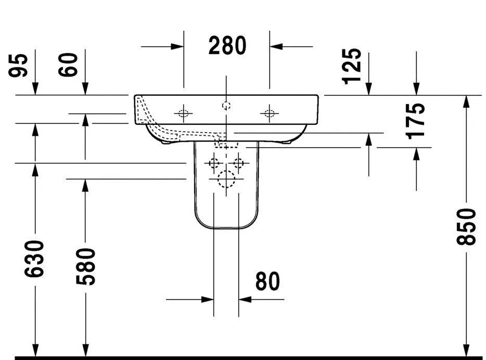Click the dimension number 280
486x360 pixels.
pos(227,46)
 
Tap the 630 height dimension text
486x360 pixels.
pos(35,259)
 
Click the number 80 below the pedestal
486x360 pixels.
pos(267,281)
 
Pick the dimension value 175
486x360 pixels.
pos(416,120)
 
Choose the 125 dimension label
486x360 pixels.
pos(352,66)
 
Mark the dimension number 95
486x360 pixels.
pos(20,65)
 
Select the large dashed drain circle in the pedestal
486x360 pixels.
pos(226,179)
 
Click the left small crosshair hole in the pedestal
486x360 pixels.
pos(213,163)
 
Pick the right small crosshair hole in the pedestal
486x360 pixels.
pos(238,163)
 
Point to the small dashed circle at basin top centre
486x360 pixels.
pos(226,106)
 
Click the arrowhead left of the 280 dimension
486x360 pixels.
pos(177,46)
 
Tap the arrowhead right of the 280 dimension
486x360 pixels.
pos(275,46)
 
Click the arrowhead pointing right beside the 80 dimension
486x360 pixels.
pos(208,299)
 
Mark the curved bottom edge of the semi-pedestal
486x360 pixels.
pos(226,229)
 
